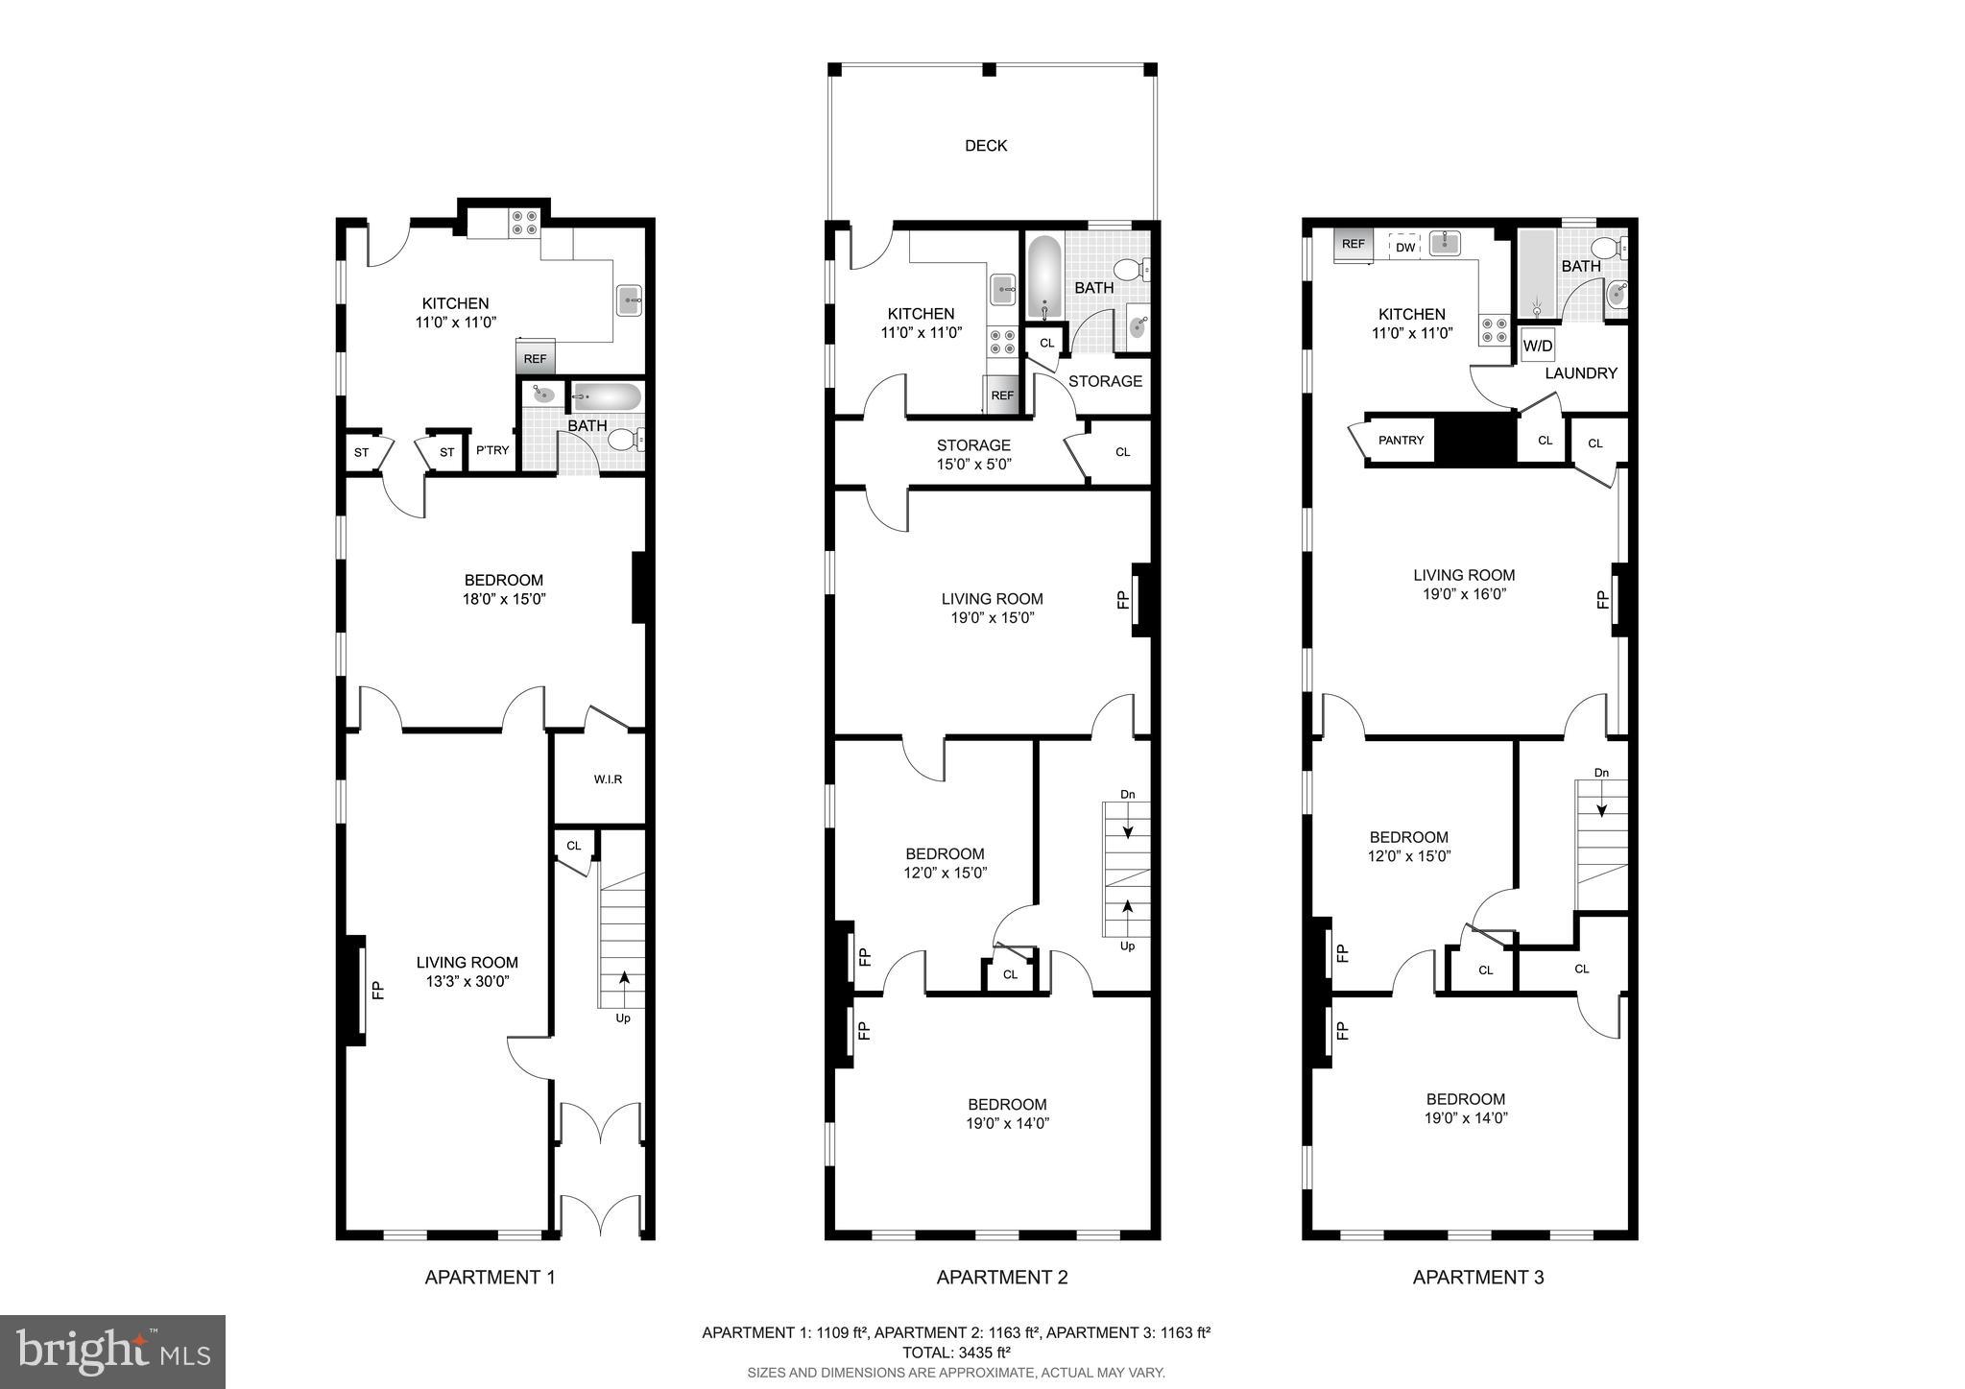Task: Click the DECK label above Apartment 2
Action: click(x=986, y=146)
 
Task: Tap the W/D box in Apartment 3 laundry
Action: click(x=1538, y=346)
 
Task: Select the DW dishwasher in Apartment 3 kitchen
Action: click(x=1405, y=248)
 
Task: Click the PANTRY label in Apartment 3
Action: click(x=1402, y=441)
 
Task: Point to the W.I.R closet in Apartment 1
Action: click(x=608, y=779)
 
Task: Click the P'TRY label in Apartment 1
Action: click(x=492, y=450)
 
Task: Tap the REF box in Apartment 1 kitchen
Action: click(x=535, y=359)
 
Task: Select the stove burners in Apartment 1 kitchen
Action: click(x=524, y=224)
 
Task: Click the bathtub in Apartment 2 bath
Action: click(x=1044, y=278)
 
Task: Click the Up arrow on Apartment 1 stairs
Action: click(x=625, y=979)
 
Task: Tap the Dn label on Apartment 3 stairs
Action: click(x=1601, y=773)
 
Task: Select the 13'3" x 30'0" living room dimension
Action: click(x=467, y=981)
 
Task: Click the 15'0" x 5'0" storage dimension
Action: click(x=973, y=465)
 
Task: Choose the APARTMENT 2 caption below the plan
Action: click(x=1001, y=1277)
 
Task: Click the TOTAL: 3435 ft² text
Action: click(x=956, y=1352)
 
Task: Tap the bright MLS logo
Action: click(x=112, y=1352)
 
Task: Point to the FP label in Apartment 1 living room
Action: click(x=377, y=989)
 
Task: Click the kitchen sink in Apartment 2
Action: click(x=1004, y=286)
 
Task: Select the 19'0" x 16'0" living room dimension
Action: click(x=1464, y=594)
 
